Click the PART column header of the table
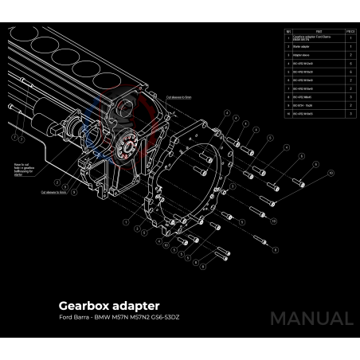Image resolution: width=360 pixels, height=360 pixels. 319,31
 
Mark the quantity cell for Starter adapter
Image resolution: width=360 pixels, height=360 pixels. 350,46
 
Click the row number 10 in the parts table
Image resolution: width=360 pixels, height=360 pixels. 288,114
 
